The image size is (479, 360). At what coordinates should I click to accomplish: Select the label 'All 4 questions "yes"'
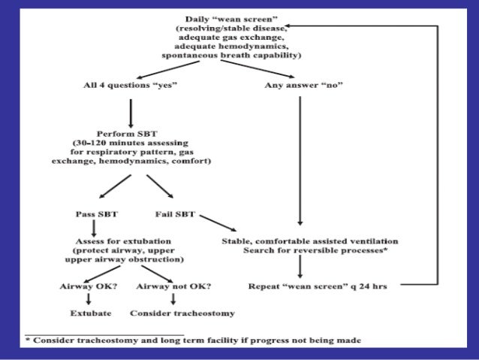(130, 86)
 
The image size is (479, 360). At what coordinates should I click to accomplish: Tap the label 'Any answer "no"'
(303, 86)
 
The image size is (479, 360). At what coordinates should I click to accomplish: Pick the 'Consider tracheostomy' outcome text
(182, 313)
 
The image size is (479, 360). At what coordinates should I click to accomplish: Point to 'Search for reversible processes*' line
(315, 250)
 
